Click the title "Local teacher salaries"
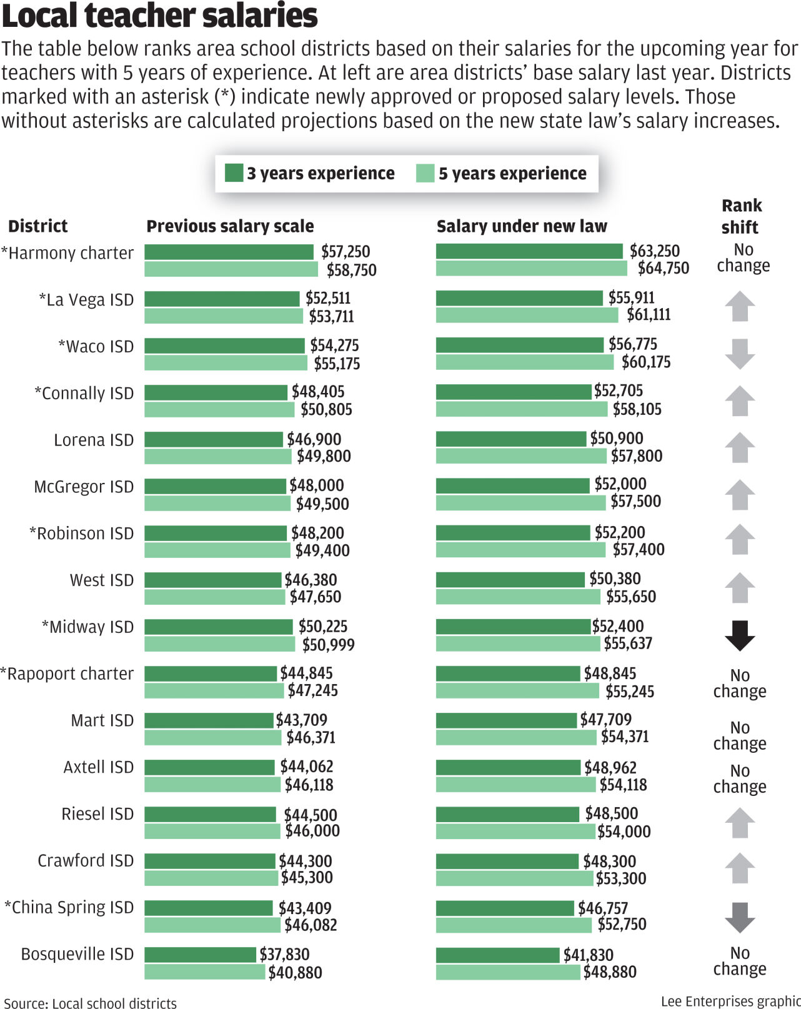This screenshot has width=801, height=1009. [x=160, y=16]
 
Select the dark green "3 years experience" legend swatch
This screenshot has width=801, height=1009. [x=234, y=173]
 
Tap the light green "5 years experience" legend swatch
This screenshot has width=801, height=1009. [x=425, y=173]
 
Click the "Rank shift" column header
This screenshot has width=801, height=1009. [x=741, y=216]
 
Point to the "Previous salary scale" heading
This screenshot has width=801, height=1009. [x=230, y=226]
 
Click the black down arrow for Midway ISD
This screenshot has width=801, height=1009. [x=740, y=636]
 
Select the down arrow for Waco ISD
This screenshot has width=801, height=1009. [x=740, y=354]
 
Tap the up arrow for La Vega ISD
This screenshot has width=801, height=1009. [x=740, y=306]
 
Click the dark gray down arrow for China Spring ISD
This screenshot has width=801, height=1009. [x=740, y=917]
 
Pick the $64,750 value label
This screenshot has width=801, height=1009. [x=663, y=269]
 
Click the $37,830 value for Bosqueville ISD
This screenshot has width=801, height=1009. [x=284, y=954]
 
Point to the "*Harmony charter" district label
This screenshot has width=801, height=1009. [x=67, y=253]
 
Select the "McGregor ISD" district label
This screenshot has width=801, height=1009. [x=84, y=487]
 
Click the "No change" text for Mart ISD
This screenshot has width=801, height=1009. [x=740, y=736]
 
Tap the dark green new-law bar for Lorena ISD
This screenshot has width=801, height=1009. [x=511, y=439]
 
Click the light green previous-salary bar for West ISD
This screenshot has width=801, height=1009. [x=214, y=597]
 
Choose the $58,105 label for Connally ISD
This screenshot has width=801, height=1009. [x=637, y=409]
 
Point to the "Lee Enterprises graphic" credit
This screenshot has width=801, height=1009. [x=730, y=1002]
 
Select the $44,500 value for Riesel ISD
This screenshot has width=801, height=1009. [x=310, y=815]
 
